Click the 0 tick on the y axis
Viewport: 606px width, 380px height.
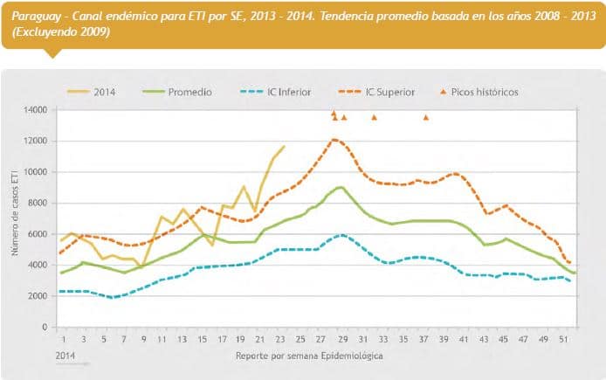pos(45,328)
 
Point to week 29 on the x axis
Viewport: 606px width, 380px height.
pos(343,339)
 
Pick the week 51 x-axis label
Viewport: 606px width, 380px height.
pos(567,339)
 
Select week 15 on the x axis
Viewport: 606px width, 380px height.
pos(202,339)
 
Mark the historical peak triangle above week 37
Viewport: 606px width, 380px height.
pos(426,117)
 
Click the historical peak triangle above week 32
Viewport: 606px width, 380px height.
pos(374,117)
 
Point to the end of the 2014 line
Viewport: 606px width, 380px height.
pos(284,146)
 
